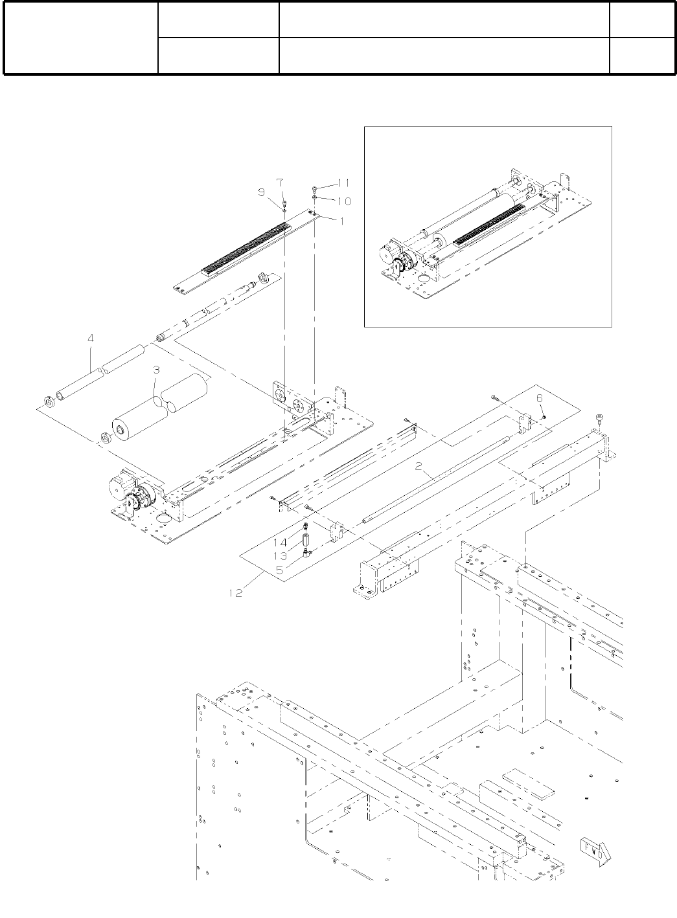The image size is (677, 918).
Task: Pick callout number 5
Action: coord(280,570)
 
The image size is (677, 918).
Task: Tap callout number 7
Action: coord(280,182)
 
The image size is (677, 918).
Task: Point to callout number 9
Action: coord(262,192)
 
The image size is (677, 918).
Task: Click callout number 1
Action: coord(341,220)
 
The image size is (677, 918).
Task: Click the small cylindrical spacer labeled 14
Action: coord(303,538)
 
